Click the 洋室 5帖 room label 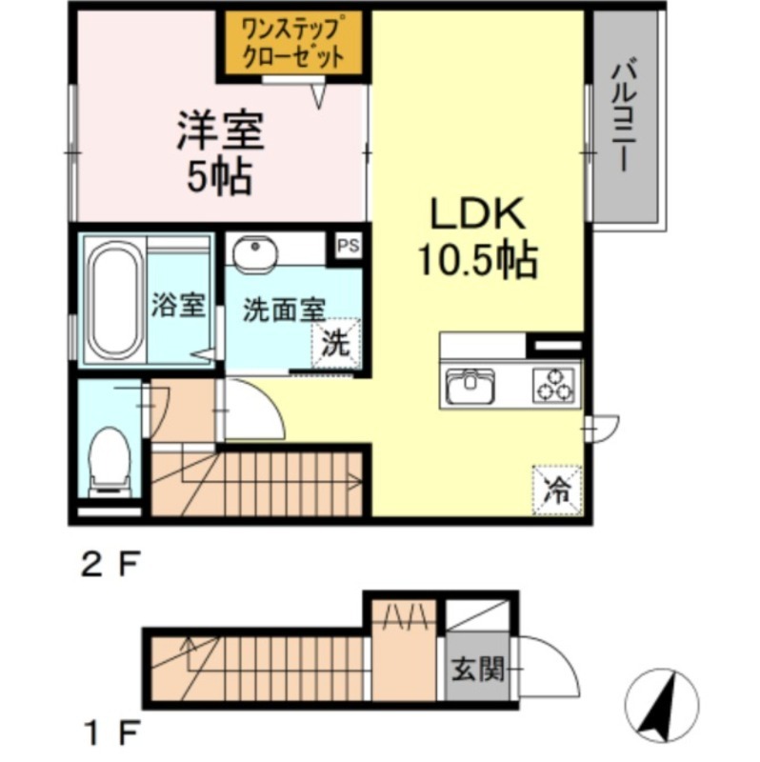coord(220,152)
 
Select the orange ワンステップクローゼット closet coord(294,43)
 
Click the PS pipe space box coord(349,246)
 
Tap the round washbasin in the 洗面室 coord(255,252)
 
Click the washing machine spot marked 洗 coord(336,343)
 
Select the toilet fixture coord(110,462)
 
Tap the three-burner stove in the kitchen coord(553,385)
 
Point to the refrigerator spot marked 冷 coord(557,490)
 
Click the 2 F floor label coord(110,564)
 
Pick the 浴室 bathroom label coord(178,305)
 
